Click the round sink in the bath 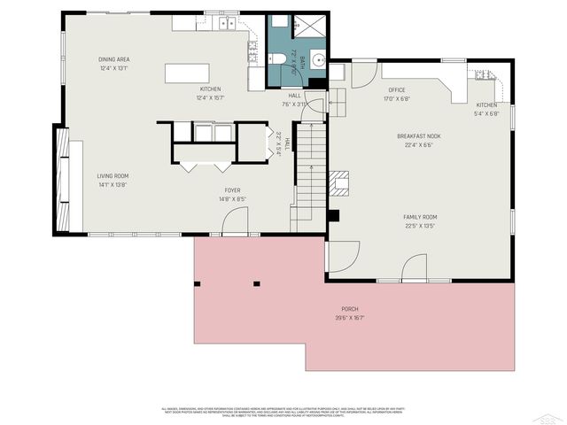[317, 61]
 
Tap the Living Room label [113, 176]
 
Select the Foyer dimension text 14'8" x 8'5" [232, 198]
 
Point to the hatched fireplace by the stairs [340, 183]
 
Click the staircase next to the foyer [307, 173]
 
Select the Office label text [396, 89]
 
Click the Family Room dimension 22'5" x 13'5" [420, 225]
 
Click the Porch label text [350, 309]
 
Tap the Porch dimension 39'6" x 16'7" [350, 318]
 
